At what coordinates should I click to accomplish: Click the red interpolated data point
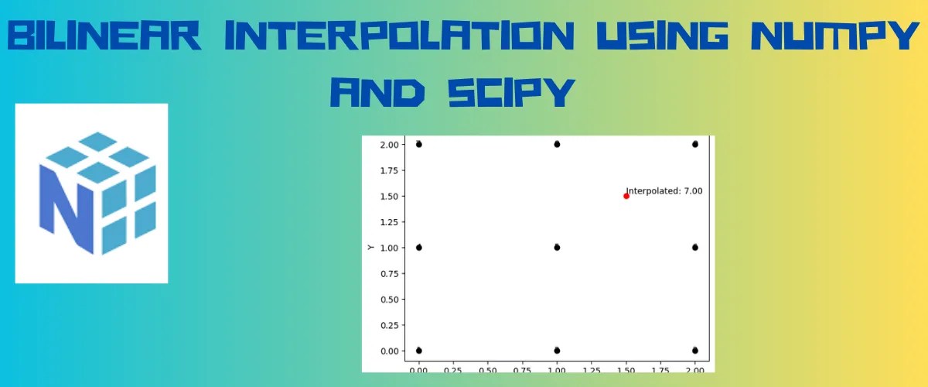(x=626, y=196)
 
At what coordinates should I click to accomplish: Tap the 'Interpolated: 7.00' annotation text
(x=665, y=190)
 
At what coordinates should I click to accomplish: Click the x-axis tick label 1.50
(x=626, y=371)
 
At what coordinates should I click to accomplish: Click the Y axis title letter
(x=370, y=248)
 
